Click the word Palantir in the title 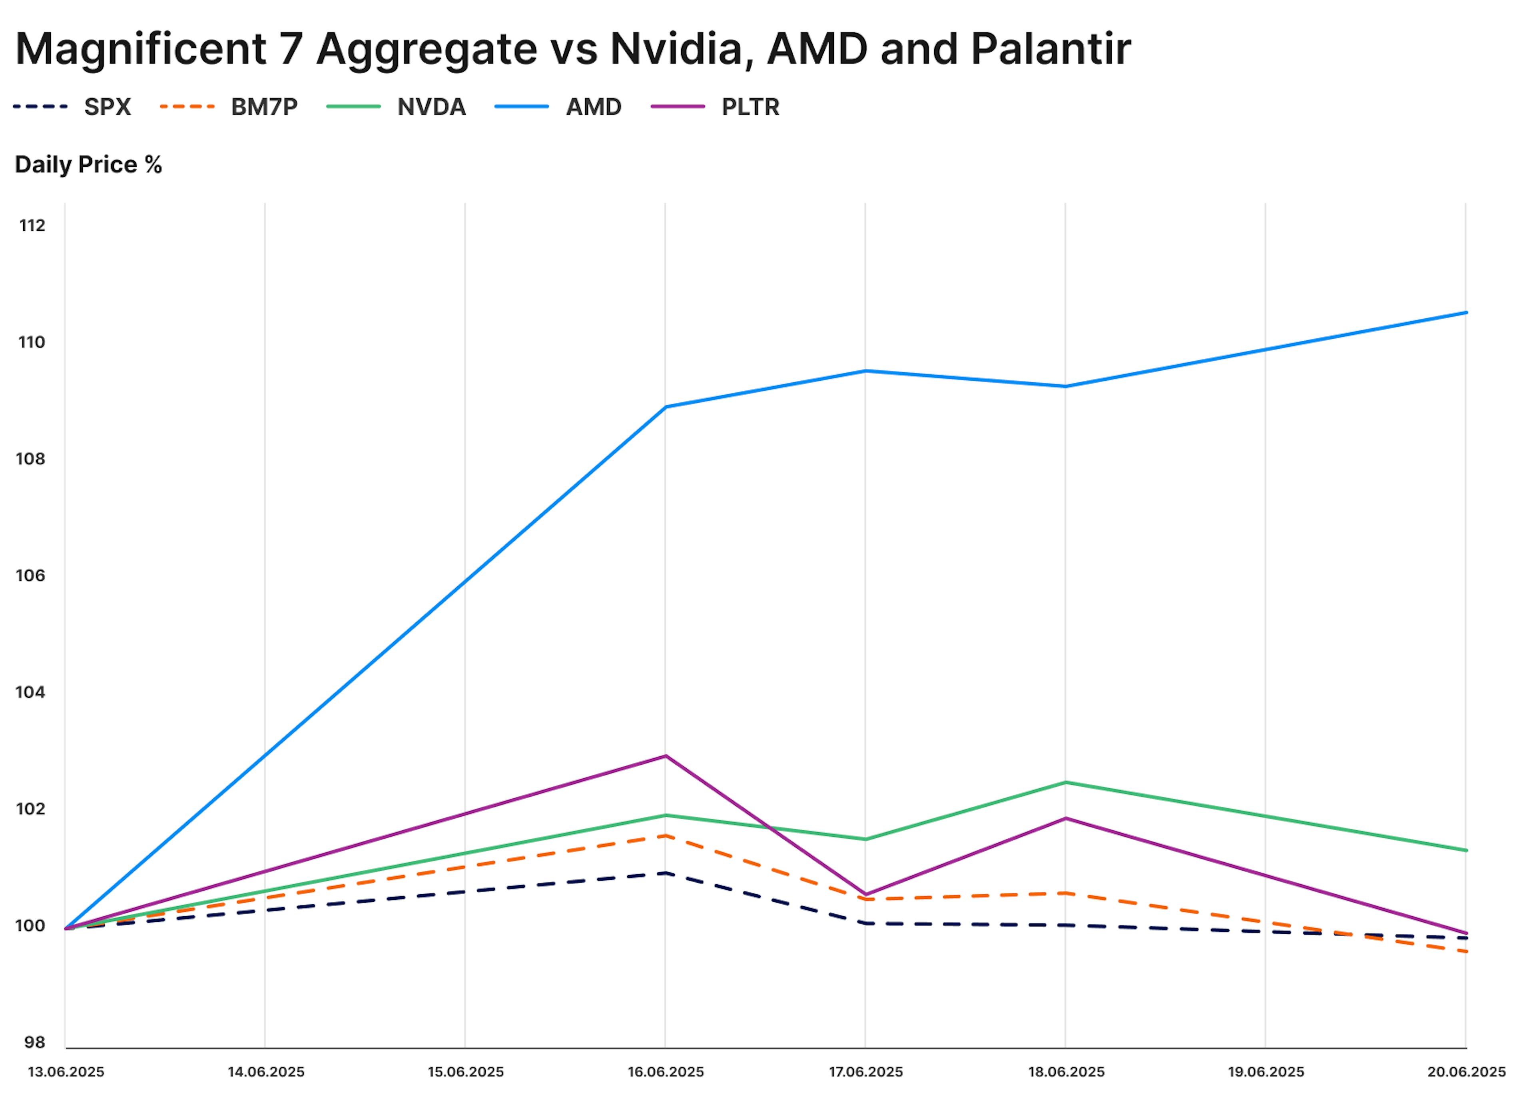1049,48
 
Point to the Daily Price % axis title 88,164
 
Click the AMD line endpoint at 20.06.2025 1465,312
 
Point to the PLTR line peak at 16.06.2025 666,756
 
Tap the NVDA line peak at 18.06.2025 1065,782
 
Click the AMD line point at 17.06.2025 865,370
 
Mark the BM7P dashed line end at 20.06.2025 1465,951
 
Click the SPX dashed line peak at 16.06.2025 666,873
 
